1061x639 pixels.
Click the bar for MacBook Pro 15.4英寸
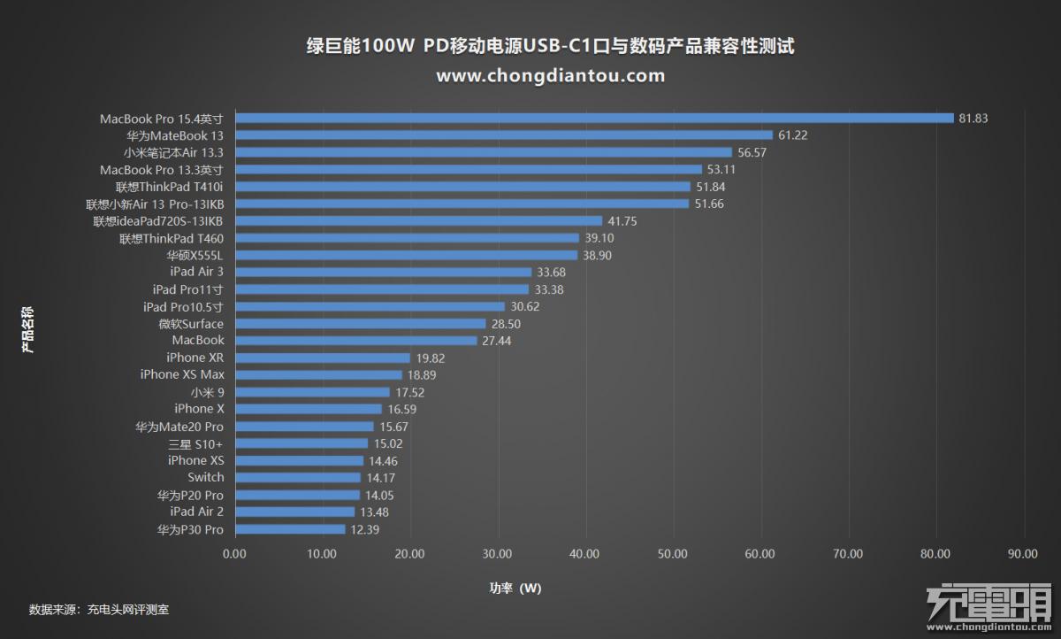tap(594, 119)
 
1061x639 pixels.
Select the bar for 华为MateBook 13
tap(504, 135)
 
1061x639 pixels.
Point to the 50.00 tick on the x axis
tap(674, 554)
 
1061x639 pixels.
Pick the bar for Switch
tap(298, 478)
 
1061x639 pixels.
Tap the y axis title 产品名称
tap(28, 329)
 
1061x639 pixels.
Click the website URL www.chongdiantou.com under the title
tap(551, 76)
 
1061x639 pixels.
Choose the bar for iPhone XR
tap(323, 358)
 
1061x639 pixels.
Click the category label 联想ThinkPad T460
tap(172, 238)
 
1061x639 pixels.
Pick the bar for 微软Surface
tap(361, 324)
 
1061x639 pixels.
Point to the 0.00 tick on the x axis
tap(235, 554)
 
